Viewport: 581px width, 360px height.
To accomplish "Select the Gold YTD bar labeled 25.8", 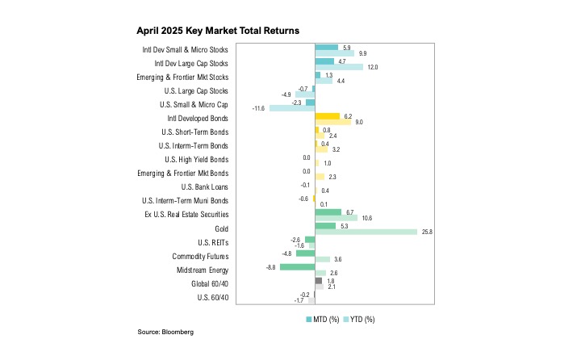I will (x=366, y=232).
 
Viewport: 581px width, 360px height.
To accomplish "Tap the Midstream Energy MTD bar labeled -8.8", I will (x=297, y=266).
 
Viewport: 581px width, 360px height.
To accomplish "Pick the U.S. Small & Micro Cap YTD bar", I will (x=292, y=107).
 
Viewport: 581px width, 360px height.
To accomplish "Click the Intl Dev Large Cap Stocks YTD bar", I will (x=339, y=67).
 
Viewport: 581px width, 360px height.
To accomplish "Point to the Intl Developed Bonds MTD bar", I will (x=328, y=116).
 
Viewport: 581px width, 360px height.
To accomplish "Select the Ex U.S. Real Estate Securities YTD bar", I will (x=336, y=217).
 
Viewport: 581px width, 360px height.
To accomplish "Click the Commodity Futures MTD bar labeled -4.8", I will (x=305, y=253).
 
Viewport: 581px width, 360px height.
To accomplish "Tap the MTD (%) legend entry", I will (x=323, y=319).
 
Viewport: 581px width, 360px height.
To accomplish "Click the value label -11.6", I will (x=259, y=107).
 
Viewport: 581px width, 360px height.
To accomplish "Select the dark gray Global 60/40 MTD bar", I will (x=319, y=280).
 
